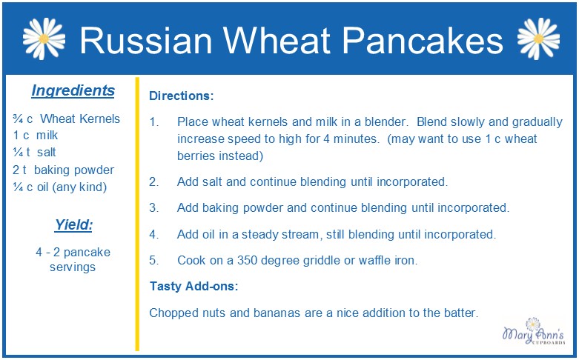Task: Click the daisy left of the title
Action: tap(44, 39)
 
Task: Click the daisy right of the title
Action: tap(538, 39)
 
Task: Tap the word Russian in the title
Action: tap(146, 40)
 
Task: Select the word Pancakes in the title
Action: tap(423, 40)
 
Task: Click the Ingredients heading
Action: tap(73, 90)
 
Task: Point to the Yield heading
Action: tap(73, 224)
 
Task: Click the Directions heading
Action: tap(182, 96)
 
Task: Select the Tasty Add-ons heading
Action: tap(193, 286)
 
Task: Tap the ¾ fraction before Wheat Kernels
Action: tap(18, 119)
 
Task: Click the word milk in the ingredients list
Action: tap(47, 136)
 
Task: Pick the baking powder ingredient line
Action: tap(63, 170)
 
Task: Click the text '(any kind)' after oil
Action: tap(79, 187)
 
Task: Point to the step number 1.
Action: tap(153, 121)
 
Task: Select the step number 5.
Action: tap(153, 261)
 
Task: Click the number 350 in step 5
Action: tap(248, 261)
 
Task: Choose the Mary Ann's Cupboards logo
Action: tap(534, 331)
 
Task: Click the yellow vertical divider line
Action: tap(137, 214)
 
